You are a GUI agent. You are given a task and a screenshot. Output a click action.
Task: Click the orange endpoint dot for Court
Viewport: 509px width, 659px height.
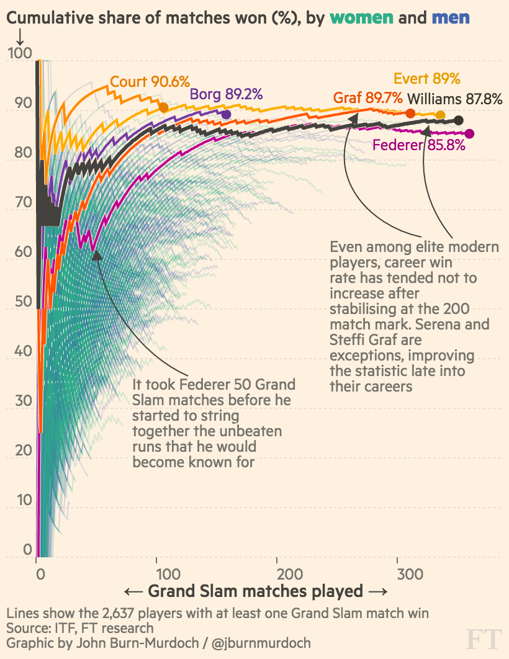pos(164,108)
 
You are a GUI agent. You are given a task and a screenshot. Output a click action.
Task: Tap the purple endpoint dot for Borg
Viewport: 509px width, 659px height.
pos(227,115)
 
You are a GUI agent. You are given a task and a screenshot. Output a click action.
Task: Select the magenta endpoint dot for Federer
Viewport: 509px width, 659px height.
pos(469,133)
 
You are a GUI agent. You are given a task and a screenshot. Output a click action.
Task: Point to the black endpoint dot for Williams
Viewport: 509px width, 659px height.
pos(459,120)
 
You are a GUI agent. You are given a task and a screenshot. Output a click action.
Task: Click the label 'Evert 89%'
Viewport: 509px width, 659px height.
pos(426,79)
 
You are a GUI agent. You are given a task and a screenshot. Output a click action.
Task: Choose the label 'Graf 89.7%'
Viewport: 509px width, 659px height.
pos(368,98)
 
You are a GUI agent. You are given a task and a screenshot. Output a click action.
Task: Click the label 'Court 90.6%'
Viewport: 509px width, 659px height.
pos(150,82)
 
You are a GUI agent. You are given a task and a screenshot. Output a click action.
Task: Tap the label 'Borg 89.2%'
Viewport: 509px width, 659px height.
pos(226,94)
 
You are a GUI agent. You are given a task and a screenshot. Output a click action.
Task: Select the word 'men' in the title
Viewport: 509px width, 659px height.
pos(451,18)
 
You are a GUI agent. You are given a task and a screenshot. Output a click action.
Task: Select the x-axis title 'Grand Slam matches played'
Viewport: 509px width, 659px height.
pos(255,590)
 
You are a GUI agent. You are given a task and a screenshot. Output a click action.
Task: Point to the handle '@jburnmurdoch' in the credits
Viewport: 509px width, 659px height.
pos(262,642)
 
